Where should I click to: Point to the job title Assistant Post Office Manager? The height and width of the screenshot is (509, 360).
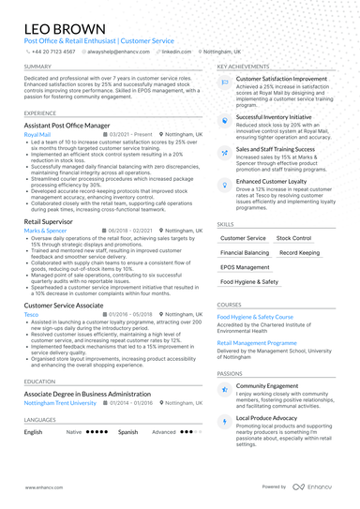(74, 125)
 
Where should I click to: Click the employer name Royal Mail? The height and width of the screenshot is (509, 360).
(38, 135)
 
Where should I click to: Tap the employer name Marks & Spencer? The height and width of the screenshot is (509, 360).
(46, 230)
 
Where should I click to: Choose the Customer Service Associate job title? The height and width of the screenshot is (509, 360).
(64, 306)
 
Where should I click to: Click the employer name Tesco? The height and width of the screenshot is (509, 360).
(31, 316)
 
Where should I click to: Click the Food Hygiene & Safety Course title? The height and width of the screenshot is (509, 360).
(255, 317)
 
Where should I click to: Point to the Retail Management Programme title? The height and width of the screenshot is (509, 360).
(257, 342)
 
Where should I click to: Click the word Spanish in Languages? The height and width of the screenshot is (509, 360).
(127, 432)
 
